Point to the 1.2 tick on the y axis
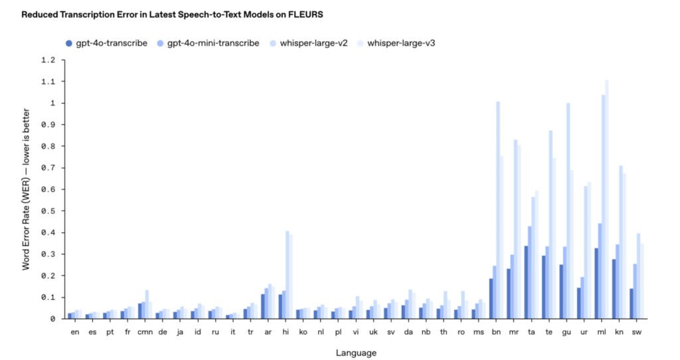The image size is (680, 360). coord(48,60)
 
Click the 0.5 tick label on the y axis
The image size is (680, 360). coord(48,211)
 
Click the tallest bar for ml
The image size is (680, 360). coord(607,199)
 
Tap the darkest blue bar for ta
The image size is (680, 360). coord(526,282)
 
